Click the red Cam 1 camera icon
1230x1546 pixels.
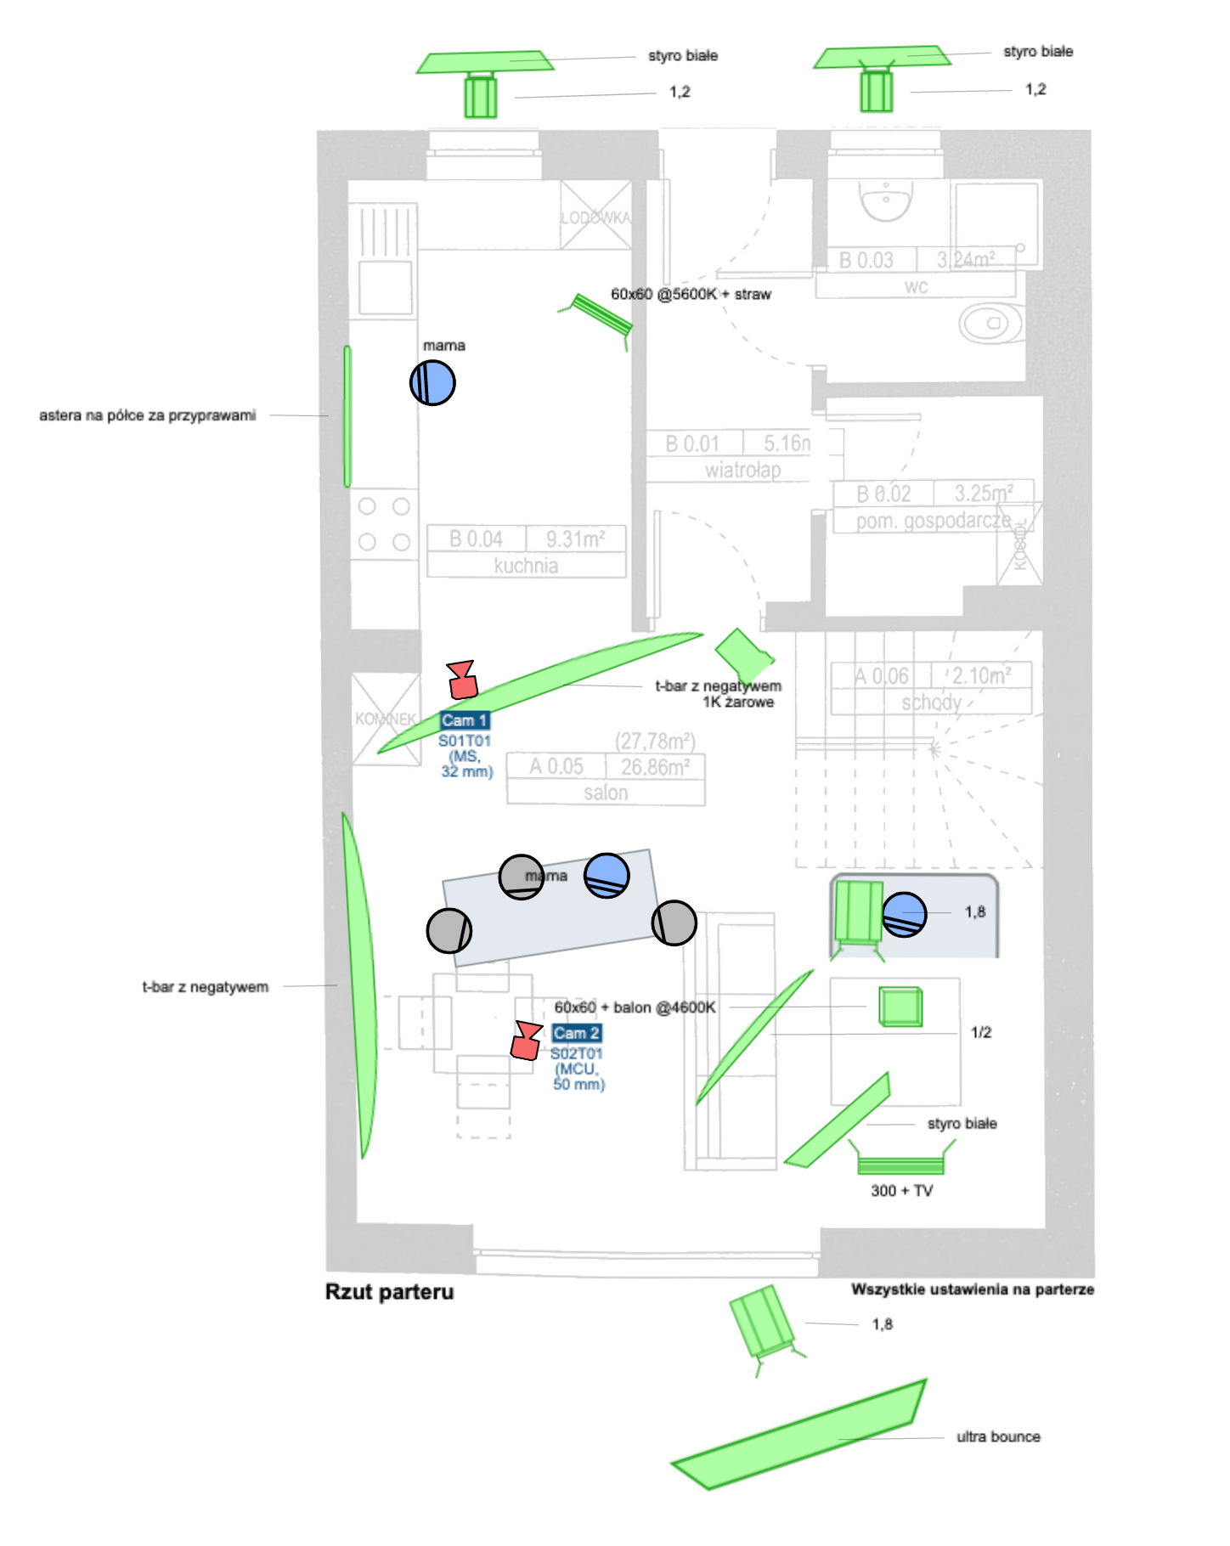tap(462, 680)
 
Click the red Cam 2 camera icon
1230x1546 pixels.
tap(527, 1041)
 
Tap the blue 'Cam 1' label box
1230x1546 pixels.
tap(465, 720)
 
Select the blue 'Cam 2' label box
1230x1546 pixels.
tap(577, 1033)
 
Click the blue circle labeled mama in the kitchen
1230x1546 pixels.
tap(432, 382)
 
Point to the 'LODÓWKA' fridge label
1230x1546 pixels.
tap(595, 217)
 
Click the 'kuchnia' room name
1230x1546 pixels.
tap(526, 566)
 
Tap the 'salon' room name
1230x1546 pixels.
tap(606, 793)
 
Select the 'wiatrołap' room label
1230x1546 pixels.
tap(742, 470)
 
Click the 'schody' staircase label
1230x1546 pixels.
tap(931, 702)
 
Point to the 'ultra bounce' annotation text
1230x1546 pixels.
tap(998, 1436)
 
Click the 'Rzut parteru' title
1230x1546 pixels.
tap(389, 1292)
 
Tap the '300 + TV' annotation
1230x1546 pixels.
tap(901, 1191)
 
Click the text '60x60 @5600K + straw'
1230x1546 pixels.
tap(691, 294)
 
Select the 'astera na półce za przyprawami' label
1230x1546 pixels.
tap(147, 415)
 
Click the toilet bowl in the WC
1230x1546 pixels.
tap(989, 324)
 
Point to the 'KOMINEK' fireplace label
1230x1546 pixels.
tap(386, 719)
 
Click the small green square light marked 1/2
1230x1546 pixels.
tap(900, 1007)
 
